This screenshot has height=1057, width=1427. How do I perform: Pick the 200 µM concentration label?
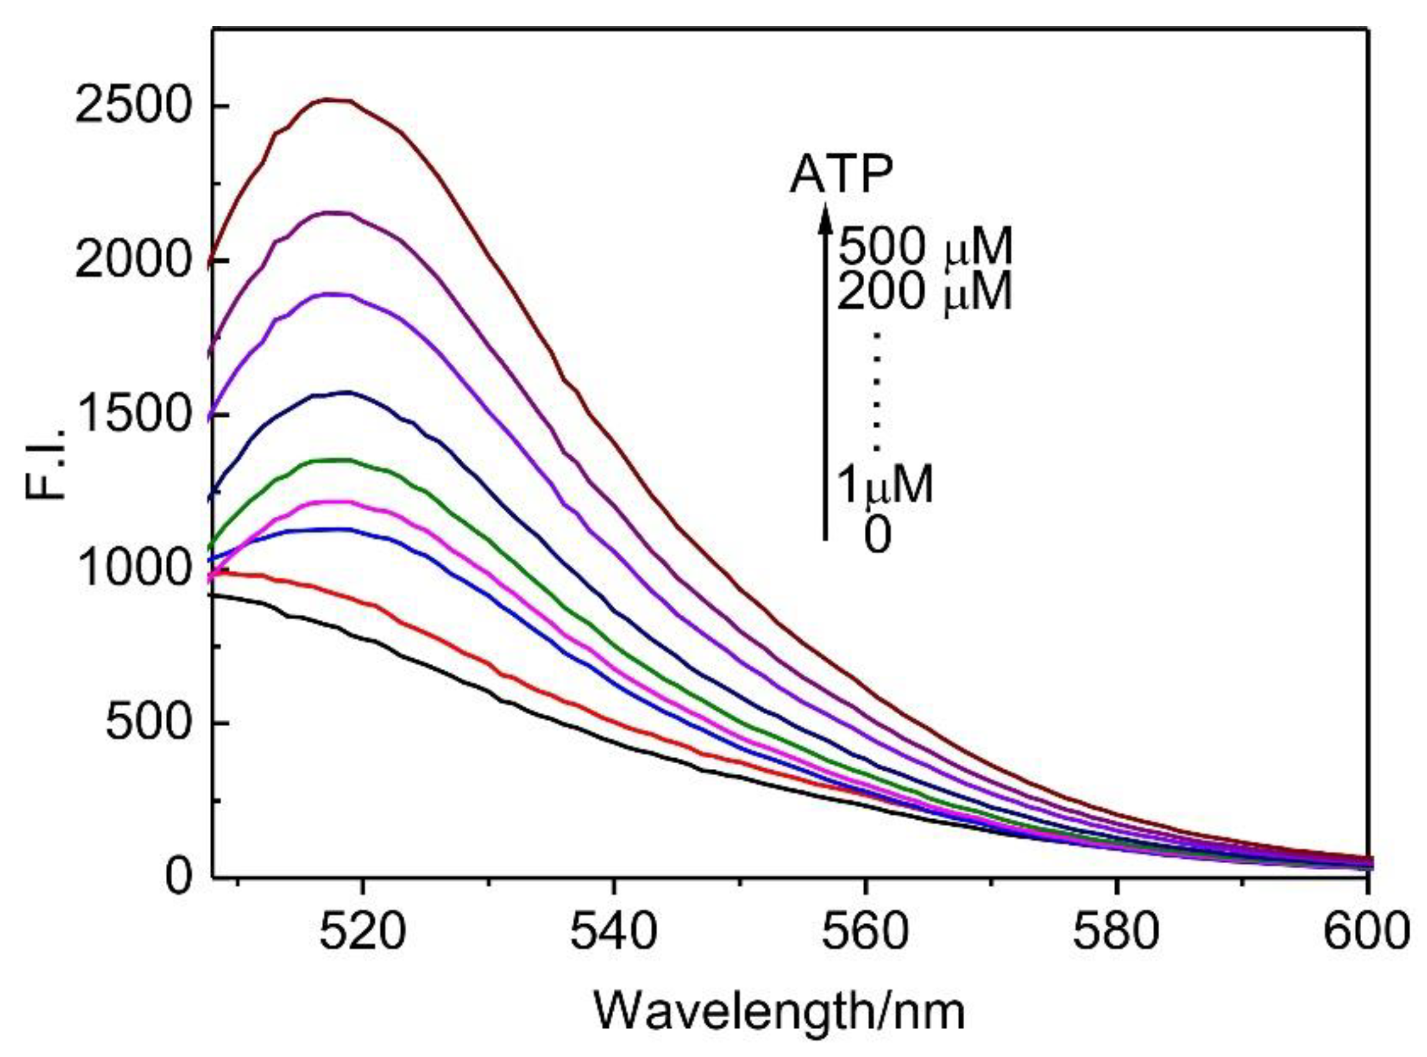[925, 292]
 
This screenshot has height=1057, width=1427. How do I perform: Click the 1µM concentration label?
[885, 484]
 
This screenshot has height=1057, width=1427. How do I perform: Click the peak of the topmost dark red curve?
[333, 100]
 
